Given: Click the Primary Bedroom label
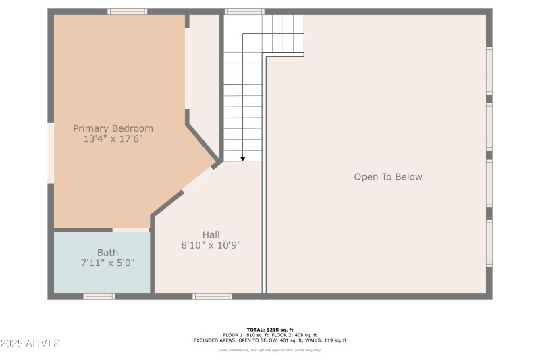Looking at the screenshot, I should [113, 128].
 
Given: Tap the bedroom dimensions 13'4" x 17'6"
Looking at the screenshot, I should [113, 139].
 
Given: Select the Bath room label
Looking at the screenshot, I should [107, 253].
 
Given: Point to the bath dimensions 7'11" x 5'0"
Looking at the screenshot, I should [107, 263].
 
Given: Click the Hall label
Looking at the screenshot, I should [211, 234].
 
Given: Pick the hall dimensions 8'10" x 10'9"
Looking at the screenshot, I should [211, 245].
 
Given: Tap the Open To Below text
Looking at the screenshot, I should [388, 177].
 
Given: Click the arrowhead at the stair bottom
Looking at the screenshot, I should [243, 158].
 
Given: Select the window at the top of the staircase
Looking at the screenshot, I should [244, 11].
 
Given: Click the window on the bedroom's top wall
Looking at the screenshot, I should [128, 11].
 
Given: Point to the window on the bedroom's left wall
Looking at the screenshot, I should [50, 153].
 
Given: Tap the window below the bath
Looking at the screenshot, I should [99, 296].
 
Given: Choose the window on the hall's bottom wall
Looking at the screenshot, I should [213, 296].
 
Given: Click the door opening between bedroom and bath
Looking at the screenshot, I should [130, 230].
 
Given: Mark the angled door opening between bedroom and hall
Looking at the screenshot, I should [198, 178].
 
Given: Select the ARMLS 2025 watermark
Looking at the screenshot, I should [30, 343].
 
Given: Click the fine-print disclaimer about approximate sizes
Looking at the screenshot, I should [270, 350].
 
